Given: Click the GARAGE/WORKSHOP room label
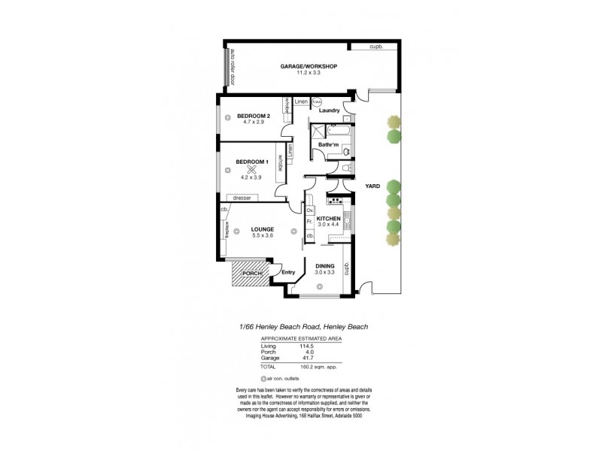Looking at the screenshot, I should pyautogui.click(x=309, y=66).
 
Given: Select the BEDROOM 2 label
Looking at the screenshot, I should pyautogui.click(x=253, y=116).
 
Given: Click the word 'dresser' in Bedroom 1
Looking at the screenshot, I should pyautogui.click(x=242, y=198).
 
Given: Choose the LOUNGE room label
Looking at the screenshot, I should pyautogui.click(x=263, y=229).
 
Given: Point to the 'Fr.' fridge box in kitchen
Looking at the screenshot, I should pyautogui.click(x=309, y=222).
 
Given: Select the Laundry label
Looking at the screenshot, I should pyautogui.click(x=330, y=110).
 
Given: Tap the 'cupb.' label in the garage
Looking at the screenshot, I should pyautogui.click(x=375, y=47).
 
